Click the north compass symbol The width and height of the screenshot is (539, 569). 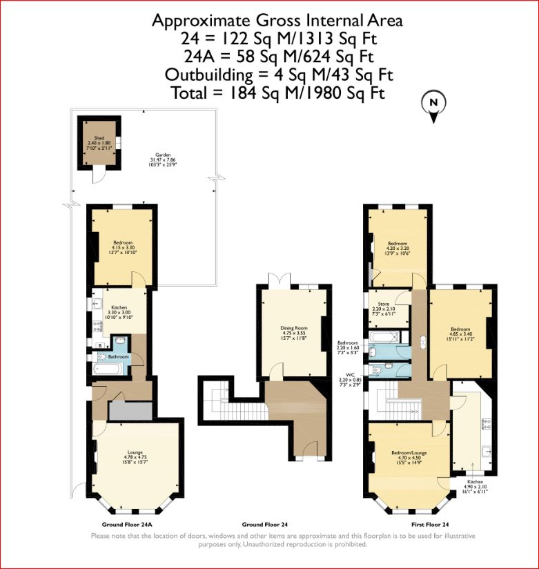coord(434,106)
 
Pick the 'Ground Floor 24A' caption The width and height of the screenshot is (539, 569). coord(126,523)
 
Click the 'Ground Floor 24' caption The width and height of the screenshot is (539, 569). coord(265,523)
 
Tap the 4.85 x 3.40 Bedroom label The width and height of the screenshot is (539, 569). coord(460,333)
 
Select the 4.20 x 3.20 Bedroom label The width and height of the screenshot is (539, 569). coord(398,248)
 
